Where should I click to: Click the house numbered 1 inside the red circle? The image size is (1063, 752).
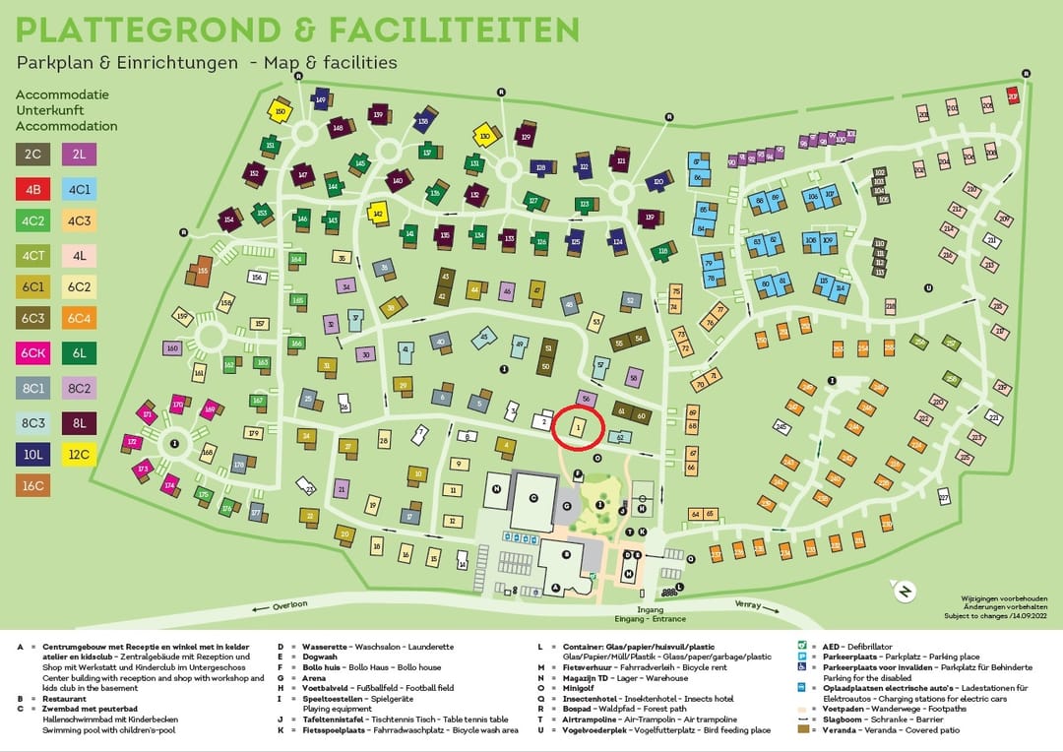[578, 426]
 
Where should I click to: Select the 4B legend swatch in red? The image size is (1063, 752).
[32, 188]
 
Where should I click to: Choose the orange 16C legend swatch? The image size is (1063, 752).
[32, 485]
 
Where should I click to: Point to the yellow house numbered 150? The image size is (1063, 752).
[281, 112]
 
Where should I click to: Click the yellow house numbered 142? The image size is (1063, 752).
[378, 212]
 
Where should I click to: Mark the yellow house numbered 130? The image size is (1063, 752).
[483, 135]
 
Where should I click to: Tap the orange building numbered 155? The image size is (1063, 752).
[201, 269]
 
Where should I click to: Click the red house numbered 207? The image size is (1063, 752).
[1013, 96]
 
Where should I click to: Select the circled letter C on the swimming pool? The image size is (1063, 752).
[532, 498]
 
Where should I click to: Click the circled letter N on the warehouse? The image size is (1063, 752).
[498, 488]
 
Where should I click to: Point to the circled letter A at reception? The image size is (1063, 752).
[556, 589]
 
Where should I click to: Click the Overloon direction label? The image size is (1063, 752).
[291, 606]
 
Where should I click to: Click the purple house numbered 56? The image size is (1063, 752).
[586, 398]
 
